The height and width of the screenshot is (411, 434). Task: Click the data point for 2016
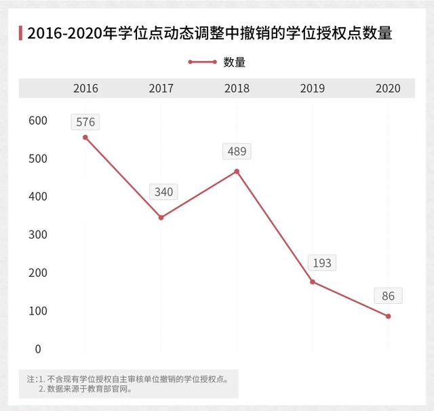(x=85, y=138)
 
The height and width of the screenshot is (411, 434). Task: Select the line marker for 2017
(x=161, y=218)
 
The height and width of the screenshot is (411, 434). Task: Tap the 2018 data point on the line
(x=237, y=172)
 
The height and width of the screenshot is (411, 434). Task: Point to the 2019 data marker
(x=313, y=281)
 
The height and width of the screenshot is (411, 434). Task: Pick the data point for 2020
(x=388, y=316)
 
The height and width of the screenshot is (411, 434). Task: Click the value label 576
(x=85, y=122)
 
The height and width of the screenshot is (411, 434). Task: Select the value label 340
(x=163, y=192)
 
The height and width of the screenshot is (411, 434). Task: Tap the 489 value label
(x=237, y=151)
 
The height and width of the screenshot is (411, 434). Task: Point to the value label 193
(x=322, y=262)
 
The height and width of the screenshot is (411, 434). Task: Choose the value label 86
(x=388, y=296)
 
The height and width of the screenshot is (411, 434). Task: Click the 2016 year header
(x=85, y=88)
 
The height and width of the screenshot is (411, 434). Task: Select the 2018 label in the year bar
(x=237, y=88)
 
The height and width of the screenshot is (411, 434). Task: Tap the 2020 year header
(x=388, y=88)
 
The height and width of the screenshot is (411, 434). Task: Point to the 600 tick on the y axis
(x=38, y=121)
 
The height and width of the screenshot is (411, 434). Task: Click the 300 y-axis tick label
(x=38, y=235)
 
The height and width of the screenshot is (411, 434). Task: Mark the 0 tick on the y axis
(x=38, y=349)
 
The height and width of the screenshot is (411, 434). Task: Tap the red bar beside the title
(x=20, y=33)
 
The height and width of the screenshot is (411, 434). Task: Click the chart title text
(x=210, y=33)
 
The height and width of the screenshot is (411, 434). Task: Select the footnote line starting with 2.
(x=85, y=389)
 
